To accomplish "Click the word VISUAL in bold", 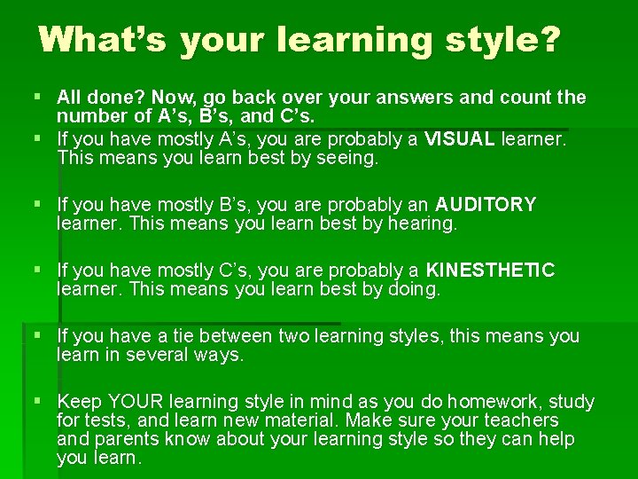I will (460, 139).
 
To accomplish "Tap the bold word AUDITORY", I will (486, 205).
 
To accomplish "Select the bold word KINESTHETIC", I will (491, 271).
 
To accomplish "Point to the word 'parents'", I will (126, 440).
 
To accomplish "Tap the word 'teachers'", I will (517, 420).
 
